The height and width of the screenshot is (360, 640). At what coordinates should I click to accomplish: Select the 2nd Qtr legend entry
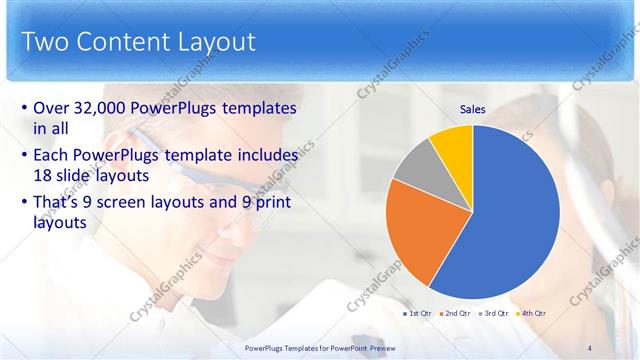[456, 314]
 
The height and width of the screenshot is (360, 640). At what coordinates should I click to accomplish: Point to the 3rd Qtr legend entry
[495, 314]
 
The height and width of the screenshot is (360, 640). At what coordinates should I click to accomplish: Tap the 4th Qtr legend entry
[533, 314]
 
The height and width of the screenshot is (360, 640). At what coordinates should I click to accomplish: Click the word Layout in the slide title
[215, 42]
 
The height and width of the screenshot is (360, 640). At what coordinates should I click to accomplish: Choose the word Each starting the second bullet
[53, 155]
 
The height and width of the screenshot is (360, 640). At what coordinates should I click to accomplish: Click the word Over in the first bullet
[53, 108]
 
